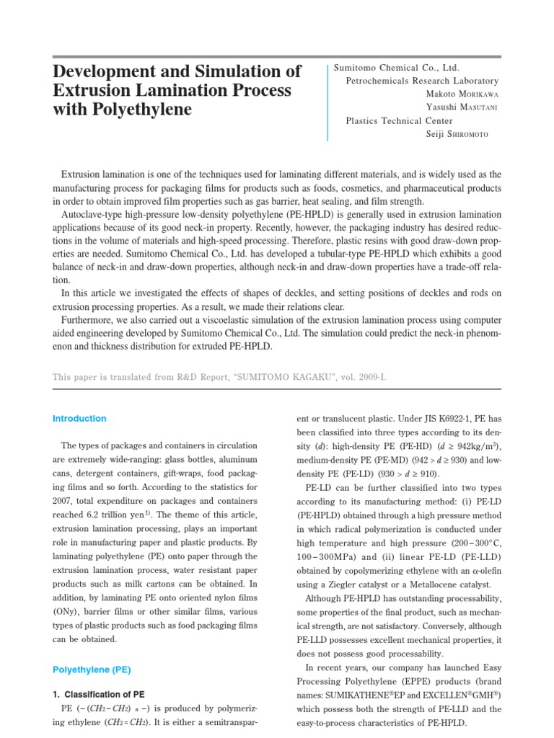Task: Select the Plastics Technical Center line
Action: (400, 120)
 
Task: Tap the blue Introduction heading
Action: (79, 419)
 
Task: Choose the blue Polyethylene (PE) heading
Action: (91, 670)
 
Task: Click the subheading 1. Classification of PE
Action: (102, 694)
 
